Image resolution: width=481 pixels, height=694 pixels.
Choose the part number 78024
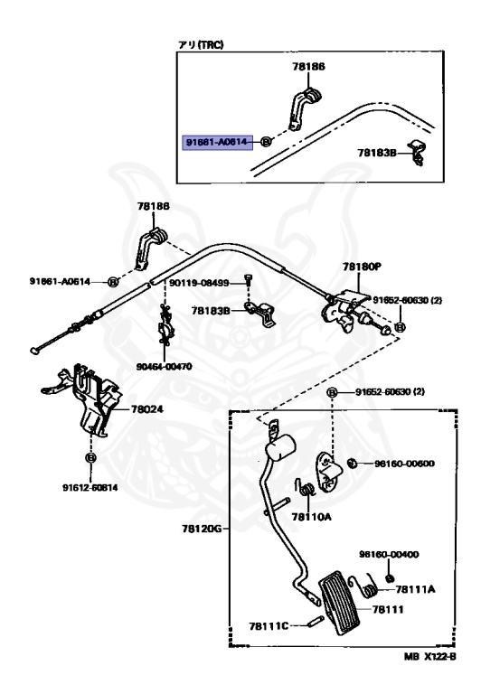coord(146,408)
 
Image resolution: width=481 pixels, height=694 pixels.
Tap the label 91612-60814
coord(90,489)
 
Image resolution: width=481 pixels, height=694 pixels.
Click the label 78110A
coord(315,517)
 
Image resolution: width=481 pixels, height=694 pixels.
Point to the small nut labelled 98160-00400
coord(389,576)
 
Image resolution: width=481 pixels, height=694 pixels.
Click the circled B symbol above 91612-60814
coord(90,458)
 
